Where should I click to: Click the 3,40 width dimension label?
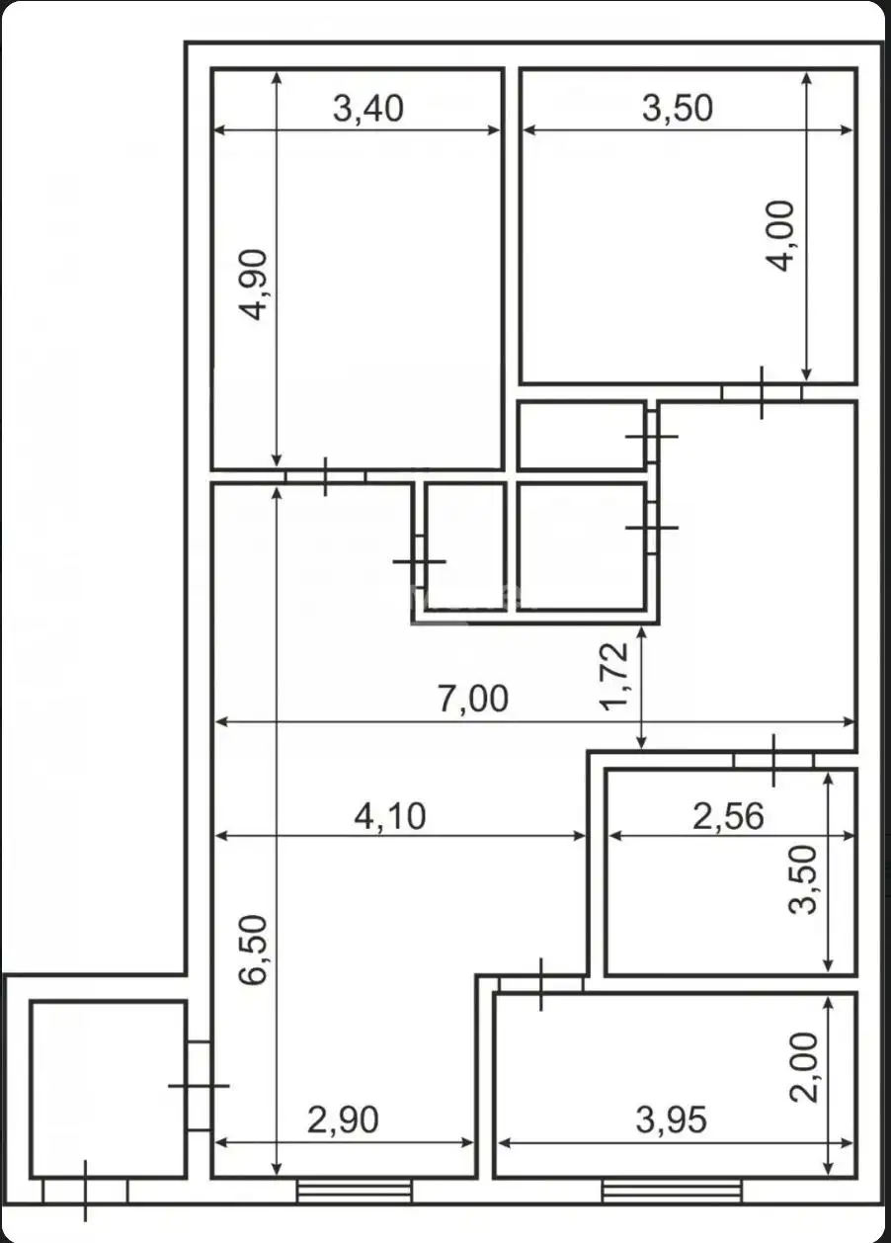367,109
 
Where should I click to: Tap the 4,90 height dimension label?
253,285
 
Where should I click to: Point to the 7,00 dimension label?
473,699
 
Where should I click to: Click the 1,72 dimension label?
614,677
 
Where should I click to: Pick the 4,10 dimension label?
390,816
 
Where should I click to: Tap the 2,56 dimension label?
728,816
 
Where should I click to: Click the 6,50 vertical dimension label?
253,950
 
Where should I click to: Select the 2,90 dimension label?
344,1119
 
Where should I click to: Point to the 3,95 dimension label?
672,1119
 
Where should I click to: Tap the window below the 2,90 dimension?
355,1191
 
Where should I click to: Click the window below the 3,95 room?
672,1191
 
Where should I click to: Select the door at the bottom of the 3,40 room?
326,476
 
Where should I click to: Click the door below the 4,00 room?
762,392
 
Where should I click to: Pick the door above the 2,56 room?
773,760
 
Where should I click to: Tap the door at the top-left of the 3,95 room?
541,984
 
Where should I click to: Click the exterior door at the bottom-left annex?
85,1191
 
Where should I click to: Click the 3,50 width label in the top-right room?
678,109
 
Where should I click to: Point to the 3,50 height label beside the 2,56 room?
803,879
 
